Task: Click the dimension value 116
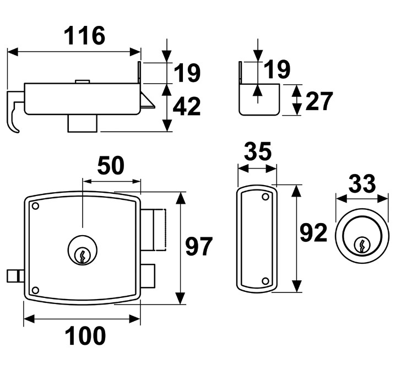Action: coord(84,36)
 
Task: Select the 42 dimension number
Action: coord(186,107)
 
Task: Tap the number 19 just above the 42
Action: coord(186,73)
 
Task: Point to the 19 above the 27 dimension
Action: coord(276,70)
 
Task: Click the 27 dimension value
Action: coord(318,101)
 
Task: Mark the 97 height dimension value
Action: coord(199,246)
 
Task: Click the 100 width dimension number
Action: coord(85,335)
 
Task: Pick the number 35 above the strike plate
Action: coord(257,152)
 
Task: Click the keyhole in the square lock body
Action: coord(82,254)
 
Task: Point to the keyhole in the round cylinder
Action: coord(362,244)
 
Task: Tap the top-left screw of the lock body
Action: coord(36,207)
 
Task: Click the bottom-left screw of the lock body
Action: coord(36,290)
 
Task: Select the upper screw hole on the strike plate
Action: coord(265,197)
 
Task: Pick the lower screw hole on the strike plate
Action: coord(265,281)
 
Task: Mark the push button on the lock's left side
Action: coord(14,275)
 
